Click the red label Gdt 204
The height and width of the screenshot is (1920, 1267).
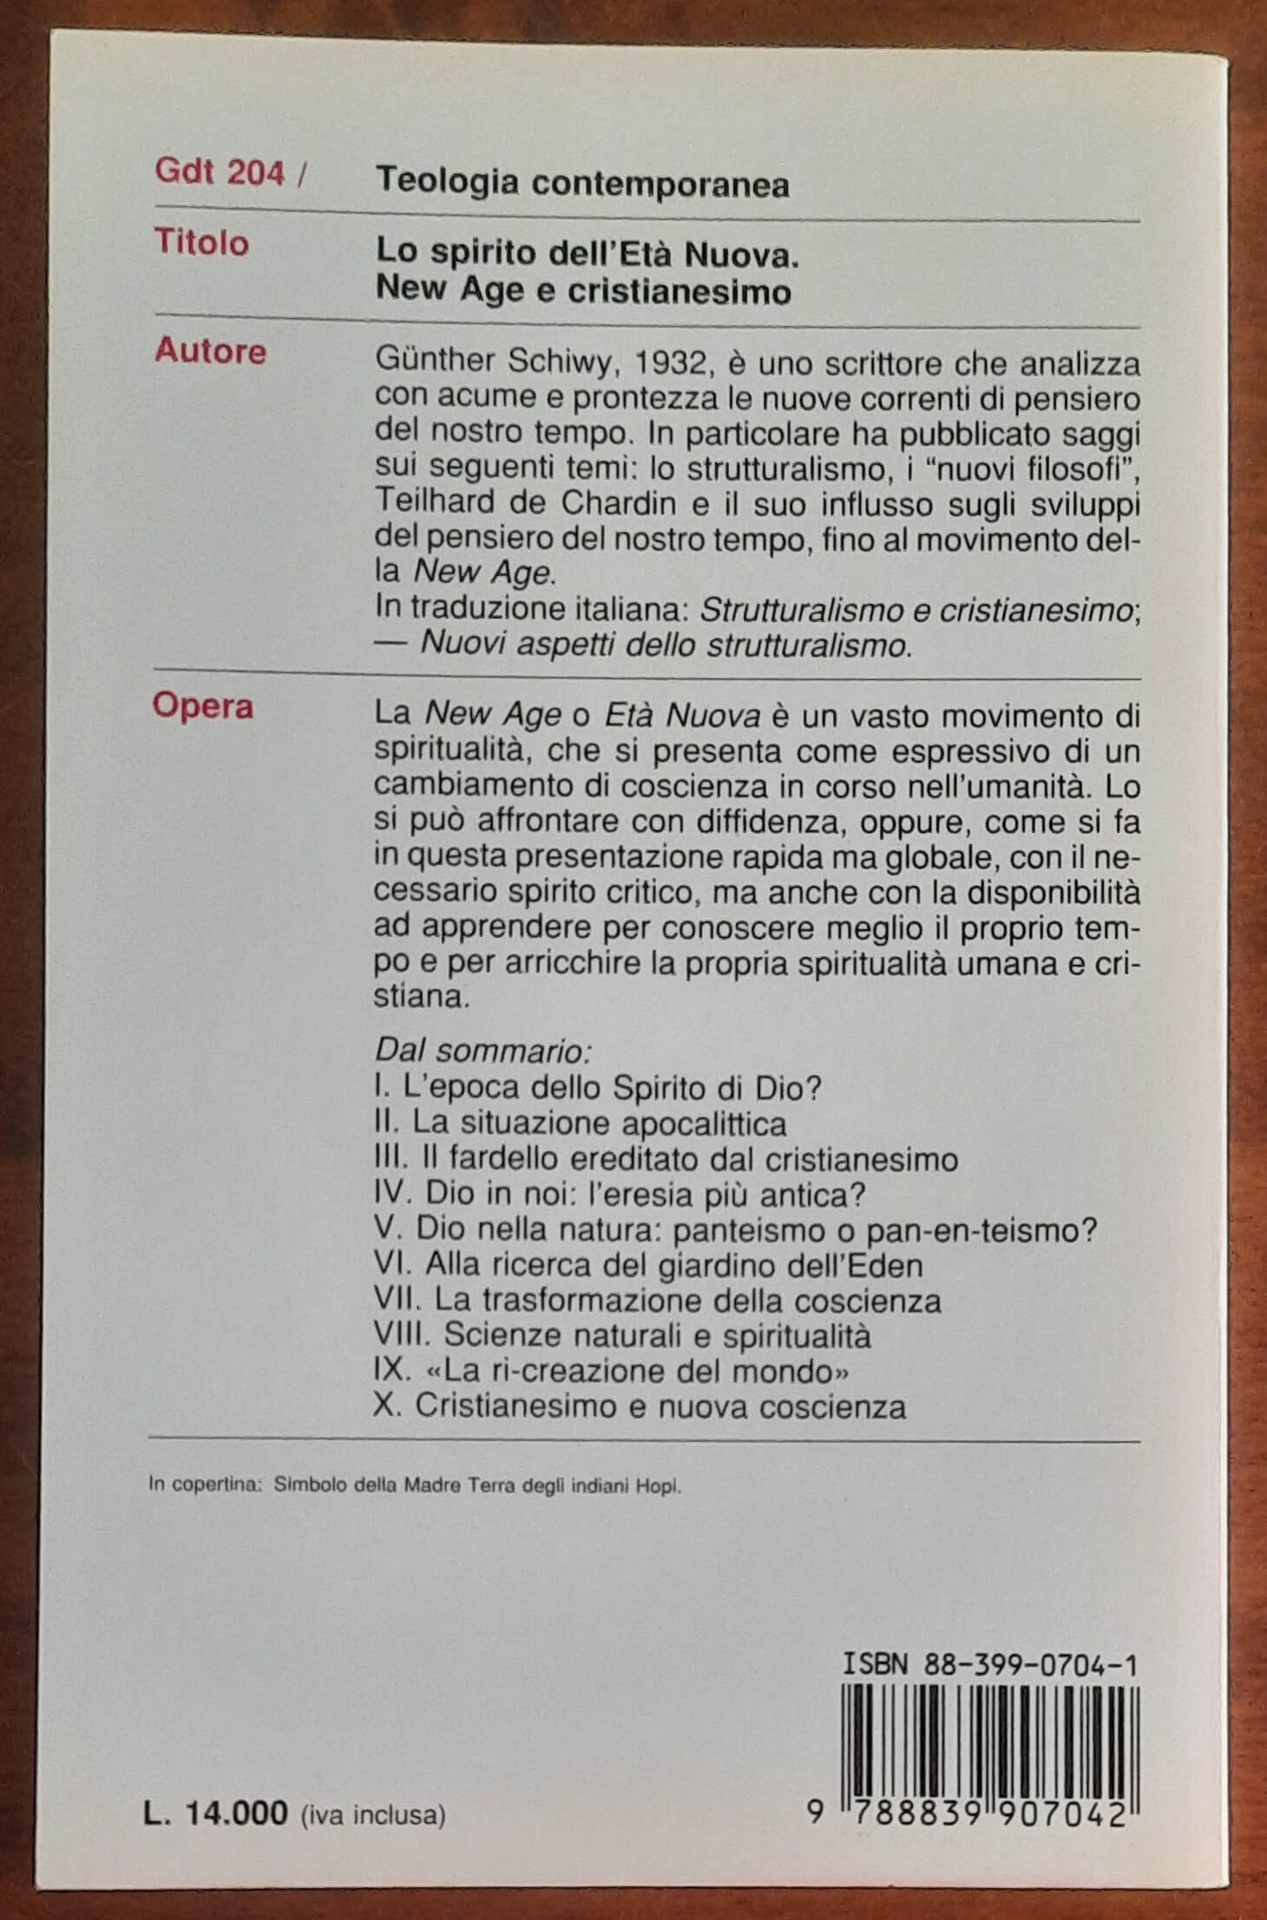coord(220,174)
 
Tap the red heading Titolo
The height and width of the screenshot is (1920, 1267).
coord(201,243)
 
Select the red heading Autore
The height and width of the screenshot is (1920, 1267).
coord(210,351)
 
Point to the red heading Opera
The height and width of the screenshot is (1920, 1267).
coord(203,707)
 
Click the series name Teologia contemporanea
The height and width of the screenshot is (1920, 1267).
coord(582,183)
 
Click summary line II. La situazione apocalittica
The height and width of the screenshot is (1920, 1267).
coord(580,1124)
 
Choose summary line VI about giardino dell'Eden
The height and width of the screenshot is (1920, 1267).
coord(647,1266)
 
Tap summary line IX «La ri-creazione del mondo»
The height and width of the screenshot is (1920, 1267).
coord(610,1372)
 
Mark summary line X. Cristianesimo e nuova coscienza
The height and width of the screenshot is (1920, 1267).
coord(640,1406)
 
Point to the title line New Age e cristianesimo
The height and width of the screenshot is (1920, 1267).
coord(583,291)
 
